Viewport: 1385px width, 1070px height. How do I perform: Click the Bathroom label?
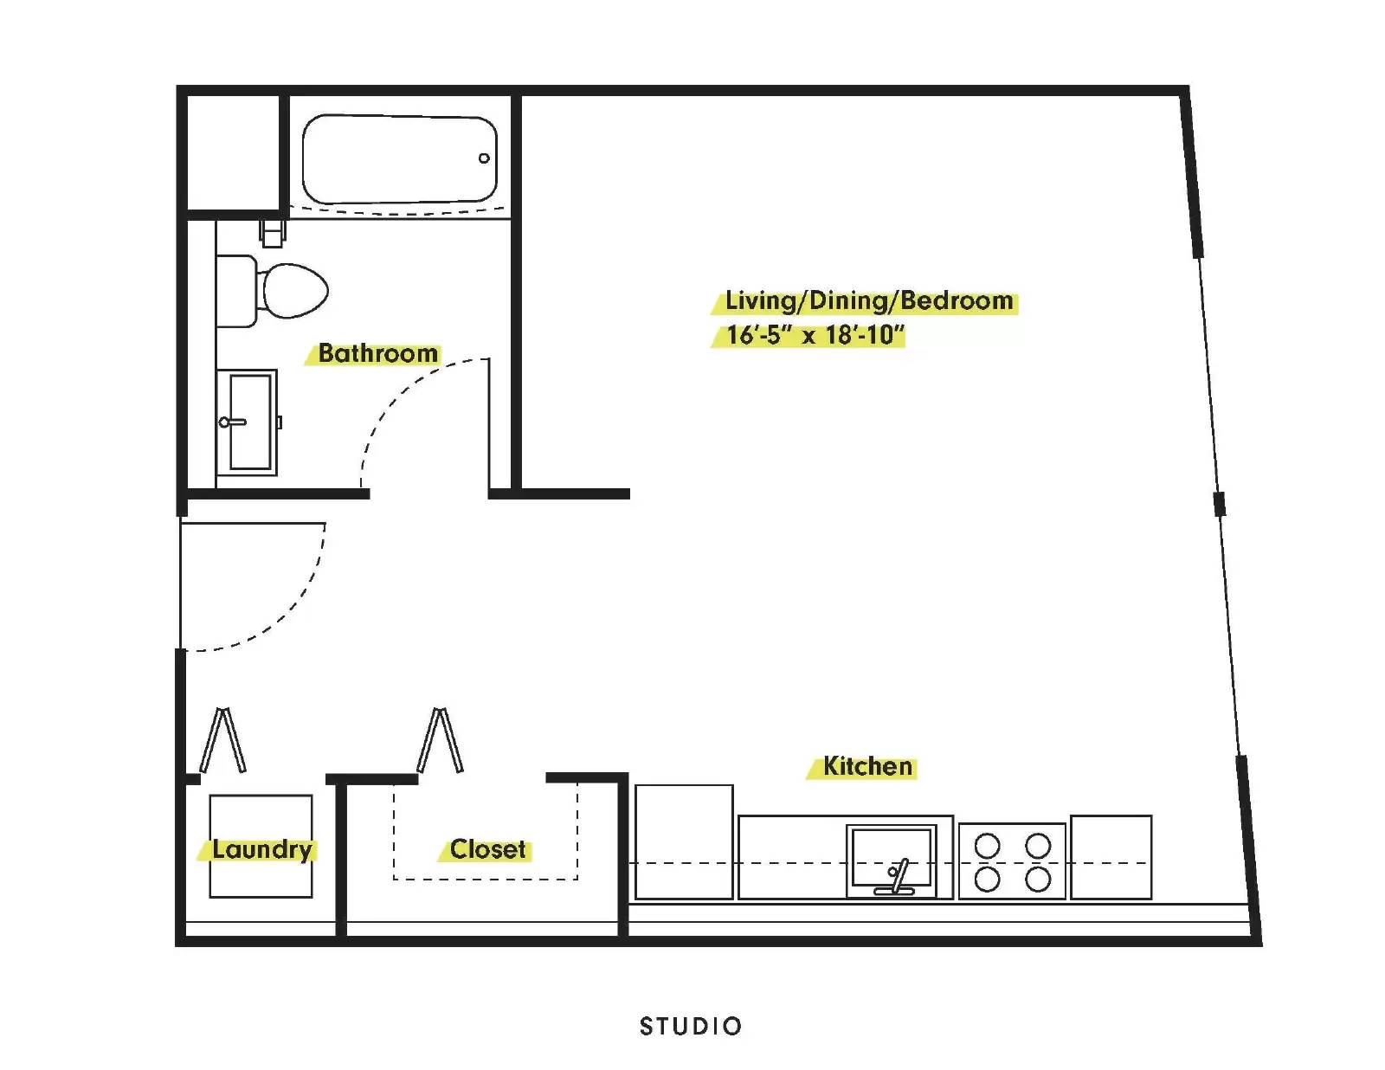point(378,353)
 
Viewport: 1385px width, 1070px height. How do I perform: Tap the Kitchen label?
point(867,766)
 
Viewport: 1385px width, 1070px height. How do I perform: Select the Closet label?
point(487,849)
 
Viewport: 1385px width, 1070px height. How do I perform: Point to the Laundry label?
point(262,849)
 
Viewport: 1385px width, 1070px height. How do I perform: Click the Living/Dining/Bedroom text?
point(869,300)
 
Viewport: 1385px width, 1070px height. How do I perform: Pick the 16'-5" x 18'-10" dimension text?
point(815,334)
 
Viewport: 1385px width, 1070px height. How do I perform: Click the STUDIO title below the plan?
point(691,1026)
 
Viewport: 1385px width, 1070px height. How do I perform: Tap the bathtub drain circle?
point(484,158)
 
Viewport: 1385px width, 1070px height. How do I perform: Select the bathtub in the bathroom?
point(400,159)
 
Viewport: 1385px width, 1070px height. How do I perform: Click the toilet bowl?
point(294,291)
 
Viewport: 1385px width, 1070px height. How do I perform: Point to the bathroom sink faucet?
point(232,422)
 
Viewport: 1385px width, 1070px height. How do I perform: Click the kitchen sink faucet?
point(896,878)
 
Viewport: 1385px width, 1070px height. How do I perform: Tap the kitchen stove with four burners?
point(1012,861)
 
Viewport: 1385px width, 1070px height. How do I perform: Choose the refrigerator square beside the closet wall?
point(684,841)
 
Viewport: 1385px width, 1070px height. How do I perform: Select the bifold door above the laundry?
point(222,739)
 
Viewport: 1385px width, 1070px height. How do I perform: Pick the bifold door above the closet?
point(440,739)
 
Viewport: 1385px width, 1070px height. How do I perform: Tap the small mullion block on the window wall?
point(1220,504)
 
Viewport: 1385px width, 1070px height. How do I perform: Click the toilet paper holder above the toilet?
point(273,233)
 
